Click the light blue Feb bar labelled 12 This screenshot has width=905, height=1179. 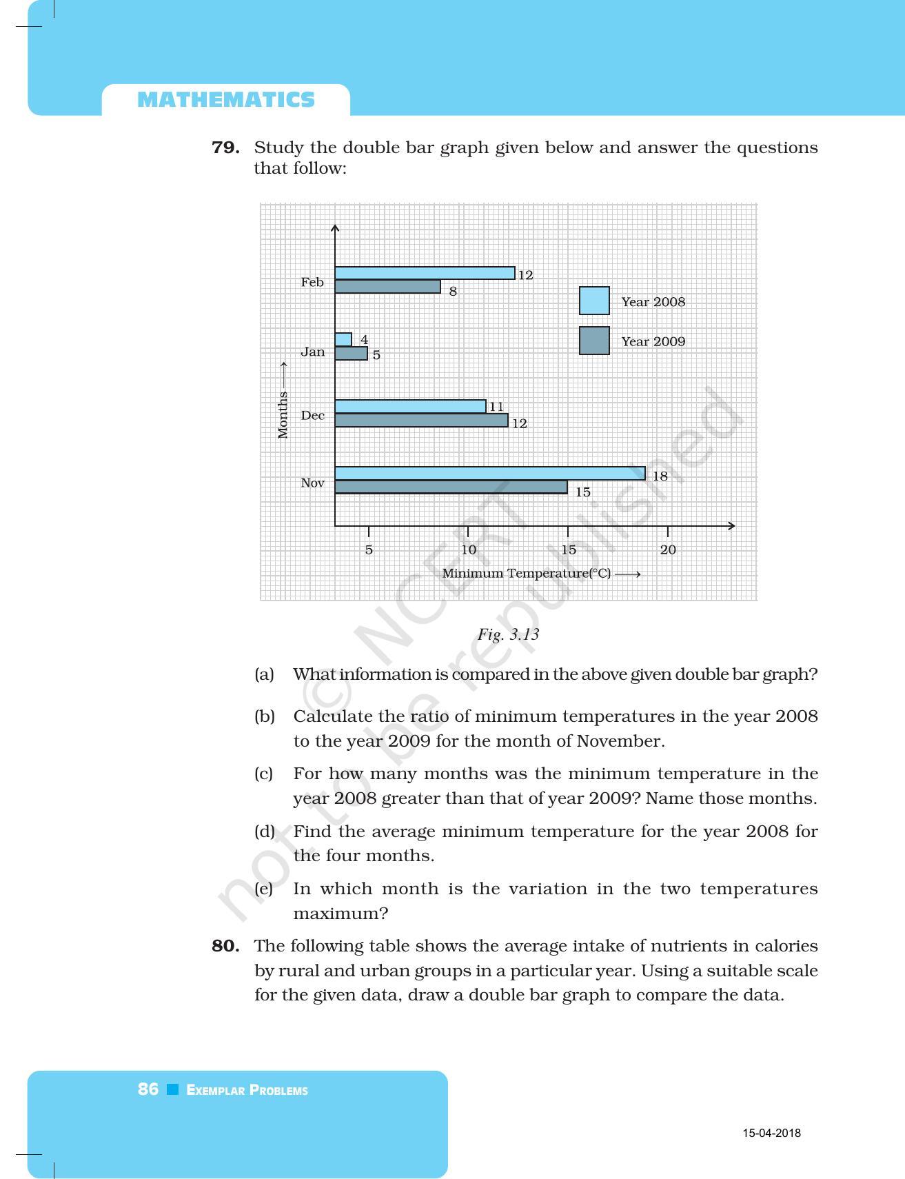[x=425, y=274]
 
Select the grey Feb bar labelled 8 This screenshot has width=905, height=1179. [x=387, y=287]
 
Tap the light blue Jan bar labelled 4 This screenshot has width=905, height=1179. [x=343, y=340]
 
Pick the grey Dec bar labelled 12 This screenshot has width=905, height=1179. [x=421, y=421]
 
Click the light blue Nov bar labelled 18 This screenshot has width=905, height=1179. [x=489, y=474]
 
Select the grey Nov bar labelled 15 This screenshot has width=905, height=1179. [x=451, y=487]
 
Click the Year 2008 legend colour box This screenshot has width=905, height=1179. [x=594, y=301]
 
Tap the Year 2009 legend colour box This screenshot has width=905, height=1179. [x=594, y=341]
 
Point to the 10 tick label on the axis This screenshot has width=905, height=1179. [x=469, y=550]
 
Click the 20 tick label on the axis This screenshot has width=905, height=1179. [x=668, y=550]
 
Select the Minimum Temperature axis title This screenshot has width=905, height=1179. [x=527, y=574]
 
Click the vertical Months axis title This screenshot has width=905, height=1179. [x=283, y=414]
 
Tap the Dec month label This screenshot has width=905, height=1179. [x=312, y=416]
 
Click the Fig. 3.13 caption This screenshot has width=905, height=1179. [x=508, y=634]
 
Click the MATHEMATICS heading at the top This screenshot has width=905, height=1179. [x=226, y=100]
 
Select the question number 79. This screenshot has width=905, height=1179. [x=225, y=148]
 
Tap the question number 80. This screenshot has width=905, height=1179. [x=225, y=946]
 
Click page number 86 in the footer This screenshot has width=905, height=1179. [x=148, y=1089]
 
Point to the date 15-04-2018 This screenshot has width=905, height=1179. [x=771, y=1133]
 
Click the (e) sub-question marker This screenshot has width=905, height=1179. [x=264, y=889]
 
